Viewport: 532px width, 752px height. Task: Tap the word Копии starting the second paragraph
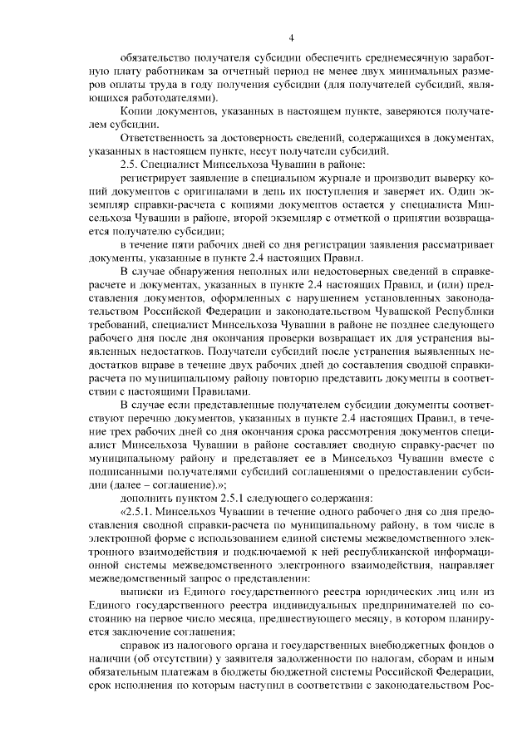click(x=135, y=111)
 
